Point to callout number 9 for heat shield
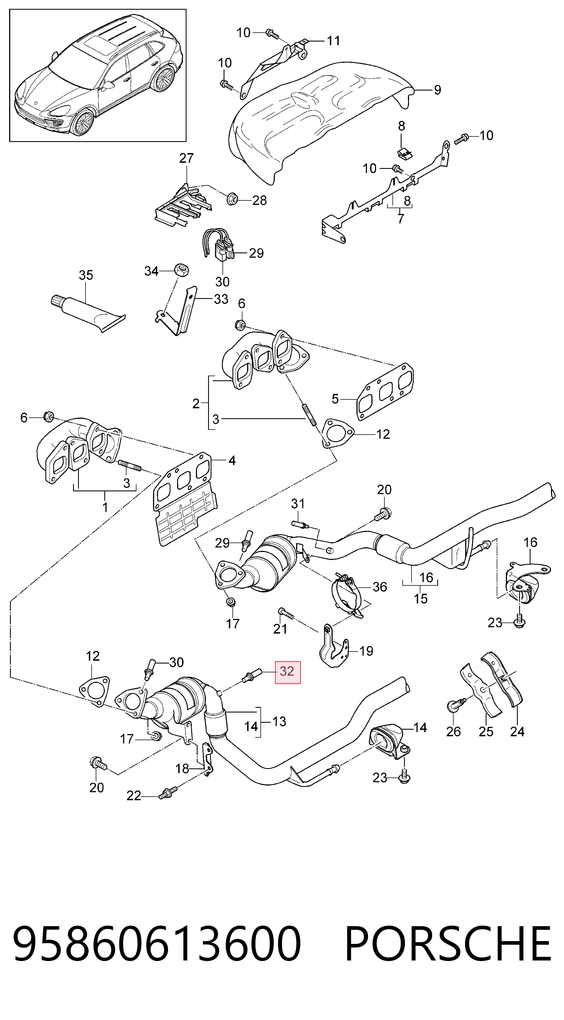(437, 90)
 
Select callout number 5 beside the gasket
(335, 399)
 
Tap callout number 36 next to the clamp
(380, 587)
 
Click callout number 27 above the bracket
(187, 158)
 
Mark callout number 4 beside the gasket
(232, 461)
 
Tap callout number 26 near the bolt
(454, 731)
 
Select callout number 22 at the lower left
(134, 796)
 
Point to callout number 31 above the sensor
(297, 504)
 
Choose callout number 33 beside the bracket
(221, 299)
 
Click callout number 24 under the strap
(517, 731)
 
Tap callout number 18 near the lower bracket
(182, 769)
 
